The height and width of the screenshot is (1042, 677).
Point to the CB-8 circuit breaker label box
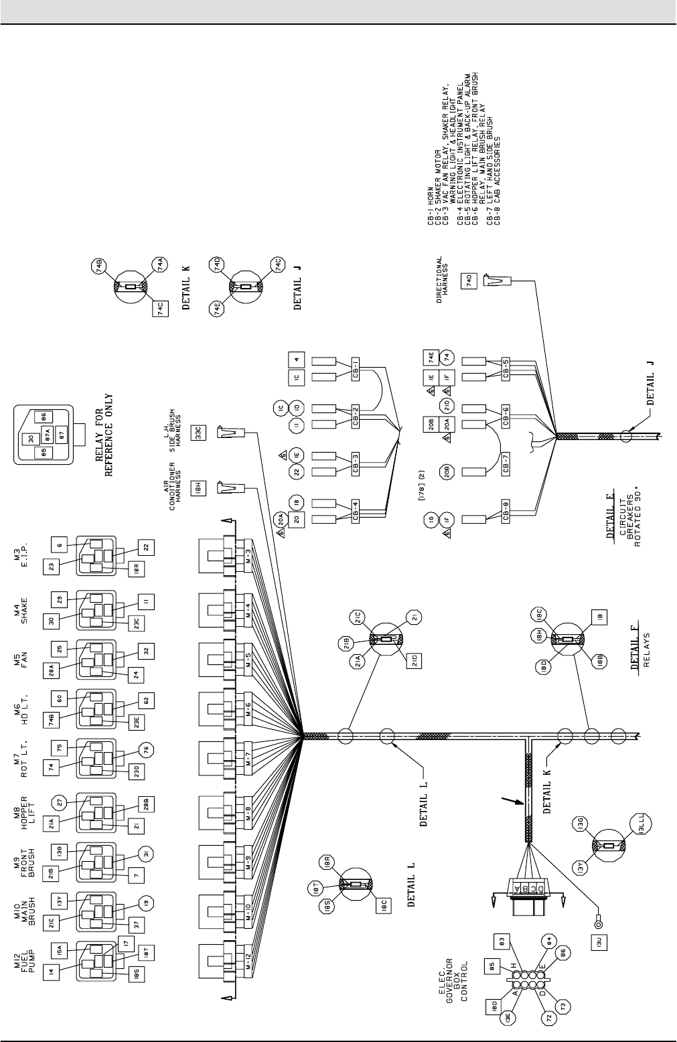[x=507, y=516]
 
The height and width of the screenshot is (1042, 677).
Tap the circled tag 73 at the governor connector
[x=564, y=1025]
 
